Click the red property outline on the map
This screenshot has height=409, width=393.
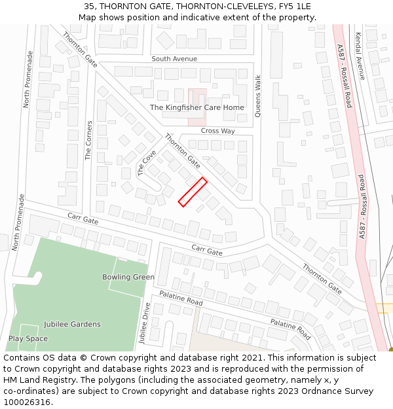point(193,192)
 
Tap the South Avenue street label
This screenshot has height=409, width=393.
point(174,59)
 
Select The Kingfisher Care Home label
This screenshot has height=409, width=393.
point(196,107)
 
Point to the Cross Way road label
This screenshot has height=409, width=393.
point(218,131)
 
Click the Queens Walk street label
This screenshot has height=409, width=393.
point(258,96)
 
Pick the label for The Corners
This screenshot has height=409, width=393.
point(89,140)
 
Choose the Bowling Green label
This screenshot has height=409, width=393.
point(128,277)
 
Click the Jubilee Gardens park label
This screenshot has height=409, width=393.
point(72,325)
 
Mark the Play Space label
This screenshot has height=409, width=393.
point(28,339)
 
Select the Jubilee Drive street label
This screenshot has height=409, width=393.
point(145,320)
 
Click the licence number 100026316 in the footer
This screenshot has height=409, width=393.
point(27,402)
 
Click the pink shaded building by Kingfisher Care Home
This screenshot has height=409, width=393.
point(197,107)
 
